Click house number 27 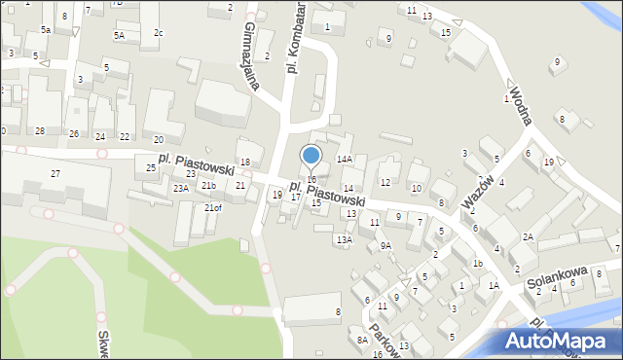click(x=55, y=173)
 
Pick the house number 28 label click(x=40, y=131)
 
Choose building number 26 click(x=74, y=133)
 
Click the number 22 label click(x=125, y=136)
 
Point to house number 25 click(x=151, y=168)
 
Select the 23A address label click(x=181, y=189)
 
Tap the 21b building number click(x=209, y=185)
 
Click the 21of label click(x=212, y=207)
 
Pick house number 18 click(x=245, y=162)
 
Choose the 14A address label click(x=344, y=159)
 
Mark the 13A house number click(x=344, y=239)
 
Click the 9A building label click(x=385, y=245)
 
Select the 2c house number click(x=159, y=33)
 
